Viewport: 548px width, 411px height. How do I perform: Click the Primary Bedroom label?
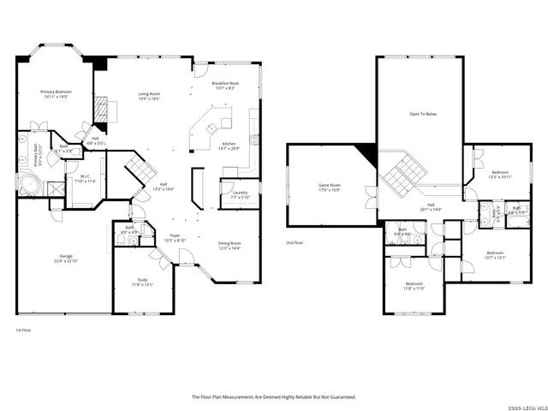[56, 94]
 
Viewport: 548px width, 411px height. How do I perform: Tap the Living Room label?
[150, 97]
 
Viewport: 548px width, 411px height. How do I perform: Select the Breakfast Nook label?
[227, 86]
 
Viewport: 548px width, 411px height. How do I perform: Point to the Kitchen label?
[229, 146]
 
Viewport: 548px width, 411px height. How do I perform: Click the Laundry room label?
[240, 195]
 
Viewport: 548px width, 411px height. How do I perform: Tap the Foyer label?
[175, 237]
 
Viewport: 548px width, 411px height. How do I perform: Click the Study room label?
[142, 282]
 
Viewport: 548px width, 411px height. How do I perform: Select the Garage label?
[66, 259]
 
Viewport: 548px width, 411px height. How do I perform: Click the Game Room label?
[330, 188]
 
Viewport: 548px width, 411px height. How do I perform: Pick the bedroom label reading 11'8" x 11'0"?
[414, 286]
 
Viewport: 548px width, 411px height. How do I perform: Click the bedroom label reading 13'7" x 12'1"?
[495, 254]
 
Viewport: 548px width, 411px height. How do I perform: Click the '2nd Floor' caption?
[295, 243]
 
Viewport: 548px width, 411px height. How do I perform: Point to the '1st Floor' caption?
[24, 330]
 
